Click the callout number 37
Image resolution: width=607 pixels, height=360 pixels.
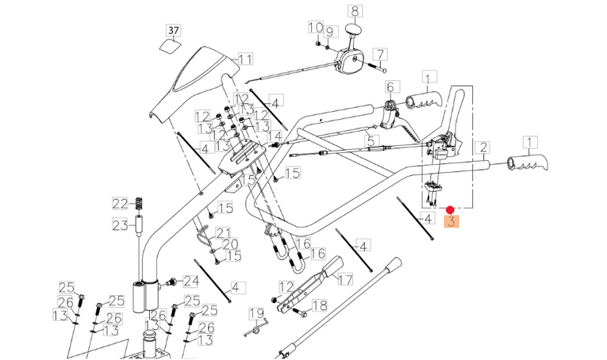(173, 29)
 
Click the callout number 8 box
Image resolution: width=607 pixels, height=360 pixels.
(354, 11)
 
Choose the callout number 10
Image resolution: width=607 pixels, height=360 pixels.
(316, 28)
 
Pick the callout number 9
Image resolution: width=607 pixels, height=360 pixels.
(331, 32)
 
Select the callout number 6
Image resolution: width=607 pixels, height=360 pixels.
(390, 86)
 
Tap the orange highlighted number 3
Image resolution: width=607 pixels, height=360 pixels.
(452, 222)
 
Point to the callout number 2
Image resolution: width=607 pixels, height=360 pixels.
(482, 147)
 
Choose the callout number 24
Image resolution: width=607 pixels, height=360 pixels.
(190, 281)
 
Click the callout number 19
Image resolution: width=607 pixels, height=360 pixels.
(256, 312)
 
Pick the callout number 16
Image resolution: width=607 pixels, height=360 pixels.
(317, 254)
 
